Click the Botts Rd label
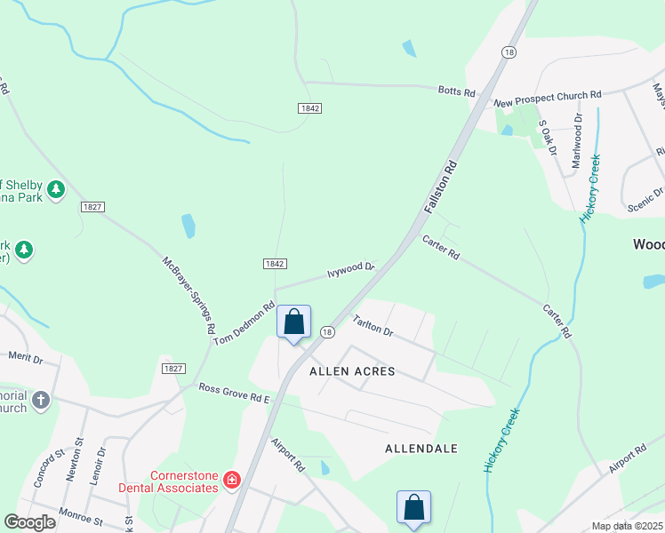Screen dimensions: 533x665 (x=457, y=91)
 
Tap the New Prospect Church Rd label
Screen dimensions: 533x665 (x=548, y=93)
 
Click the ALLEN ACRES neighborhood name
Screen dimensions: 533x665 (x=352, y=371)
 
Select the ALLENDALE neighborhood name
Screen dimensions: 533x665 (x=421, y=449)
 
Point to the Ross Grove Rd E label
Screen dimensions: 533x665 (x=234, y=392)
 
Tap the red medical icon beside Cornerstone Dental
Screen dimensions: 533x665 (x=232, y=481)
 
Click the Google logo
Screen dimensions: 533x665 (x=30, y=522)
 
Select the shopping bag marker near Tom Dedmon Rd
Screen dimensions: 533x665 (x=294, y=322)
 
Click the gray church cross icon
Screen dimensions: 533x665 (x=40, y=401)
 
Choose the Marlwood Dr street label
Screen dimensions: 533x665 (x=577, y=140)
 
